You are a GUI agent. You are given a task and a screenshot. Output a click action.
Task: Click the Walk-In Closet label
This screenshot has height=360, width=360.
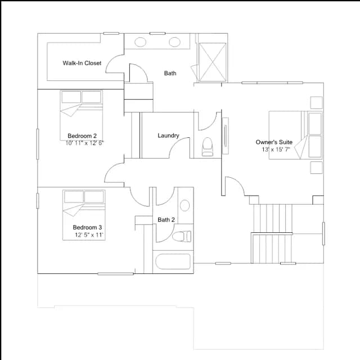82,63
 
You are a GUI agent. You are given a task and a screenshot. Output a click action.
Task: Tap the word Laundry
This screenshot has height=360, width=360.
168,136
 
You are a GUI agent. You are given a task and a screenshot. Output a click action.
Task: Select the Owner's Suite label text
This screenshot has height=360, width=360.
274,142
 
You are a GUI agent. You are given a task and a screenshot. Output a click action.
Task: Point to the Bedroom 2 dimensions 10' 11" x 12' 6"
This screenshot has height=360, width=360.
84,143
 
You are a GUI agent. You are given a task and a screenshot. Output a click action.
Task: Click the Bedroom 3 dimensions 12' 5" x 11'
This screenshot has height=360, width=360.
89,235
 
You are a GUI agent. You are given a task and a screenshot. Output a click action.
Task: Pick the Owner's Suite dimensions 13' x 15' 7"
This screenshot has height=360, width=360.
276,150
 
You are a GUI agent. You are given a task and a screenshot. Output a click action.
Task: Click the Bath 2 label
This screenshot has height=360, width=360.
166,220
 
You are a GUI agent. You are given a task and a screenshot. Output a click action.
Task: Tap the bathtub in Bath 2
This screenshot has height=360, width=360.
173,262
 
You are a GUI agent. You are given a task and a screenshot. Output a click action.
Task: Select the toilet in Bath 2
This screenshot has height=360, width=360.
182,236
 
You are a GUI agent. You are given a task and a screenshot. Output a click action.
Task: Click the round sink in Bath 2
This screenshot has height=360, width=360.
184,205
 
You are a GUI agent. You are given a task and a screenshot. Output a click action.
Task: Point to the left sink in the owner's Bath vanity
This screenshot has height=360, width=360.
140,42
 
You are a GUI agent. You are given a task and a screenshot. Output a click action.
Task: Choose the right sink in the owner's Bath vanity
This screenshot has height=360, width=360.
174,42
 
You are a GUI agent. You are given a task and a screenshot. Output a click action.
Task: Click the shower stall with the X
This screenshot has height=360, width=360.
213,62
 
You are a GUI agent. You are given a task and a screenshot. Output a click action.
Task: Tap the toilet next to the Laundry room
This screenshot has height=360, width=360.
208,147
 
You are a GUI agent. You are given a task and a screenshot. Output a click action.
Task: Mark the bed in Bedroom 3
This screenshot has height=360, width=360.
84,215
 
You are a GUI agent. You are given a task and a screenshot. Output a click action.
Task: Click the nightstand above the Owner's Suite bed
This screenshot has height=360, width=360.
316,102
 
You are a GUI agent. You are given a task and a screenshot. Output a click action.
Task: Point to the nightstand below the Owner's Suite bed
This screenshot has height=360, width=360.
316,168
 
